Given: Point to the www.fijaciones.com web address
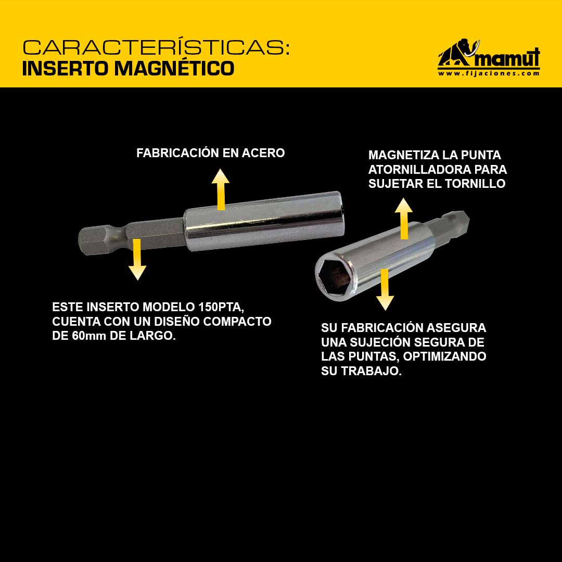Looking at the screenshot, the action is pos(489,73).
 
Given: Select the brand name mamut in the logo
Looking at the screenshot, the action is pos(508,58).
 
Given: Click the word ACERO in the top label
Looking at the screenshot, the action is pos(263,153).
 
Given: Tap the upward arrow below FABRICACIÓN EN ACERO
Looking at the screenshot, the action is pos(221,189).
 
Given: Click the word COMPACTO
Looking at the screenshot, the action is pos(237,322).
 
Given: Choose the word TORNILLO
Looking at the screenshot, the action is pos(475,184).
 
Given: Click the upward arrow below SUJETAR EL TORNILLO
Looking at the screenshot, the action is pos(404,218).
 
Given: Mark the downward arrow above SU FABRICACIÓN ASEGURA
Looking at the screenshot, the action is pos(385,290).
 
